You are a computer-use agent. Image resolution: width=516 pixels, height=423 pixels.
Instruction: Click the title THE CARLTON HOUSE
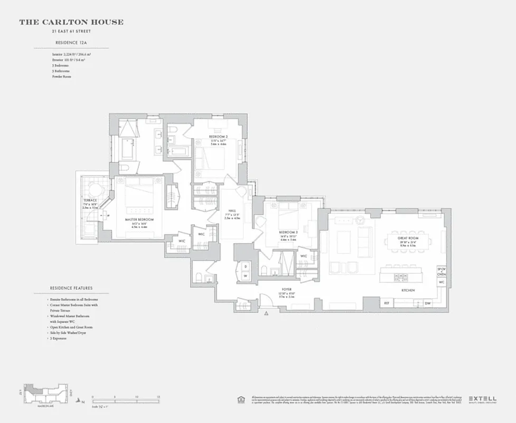71,22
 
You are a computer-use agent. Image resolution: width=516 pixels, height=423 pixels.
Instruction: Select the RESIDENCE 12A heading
71,42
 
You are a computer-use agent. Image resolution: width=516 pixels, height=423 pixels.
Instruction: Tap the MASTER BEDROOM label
139,219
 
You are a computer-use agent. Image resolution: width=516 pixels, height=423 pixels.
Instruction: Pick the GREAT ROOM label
408,238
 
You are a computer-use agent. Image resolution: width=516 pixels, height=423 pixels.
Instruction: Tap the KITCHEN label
407,290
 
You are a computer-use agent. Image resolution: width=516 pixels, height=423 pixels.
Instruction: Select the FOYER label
287,290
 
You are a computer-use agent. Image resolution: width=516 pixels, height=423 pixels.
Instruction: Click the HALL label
232,210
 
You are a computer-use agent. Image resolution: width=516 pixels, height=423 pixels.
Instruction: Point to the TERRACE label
89,201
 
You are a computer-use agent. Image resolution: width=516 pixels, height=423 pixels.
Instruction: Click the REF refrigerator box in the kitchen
386,303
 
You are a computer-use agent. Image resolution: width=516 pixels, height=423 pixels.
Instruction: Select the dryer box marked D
245,266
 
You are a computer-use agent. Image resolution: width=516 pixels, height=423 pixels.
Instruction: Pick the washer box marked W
245,276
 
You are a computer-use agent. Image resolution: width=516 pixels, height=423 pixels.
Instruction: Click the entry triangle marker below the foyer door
266,314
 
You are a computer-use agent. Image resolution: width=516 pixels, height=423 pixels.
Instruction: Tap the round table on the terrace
95,190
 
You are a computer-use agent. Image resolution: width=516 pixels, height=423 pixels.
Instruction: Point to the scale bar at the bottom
126,396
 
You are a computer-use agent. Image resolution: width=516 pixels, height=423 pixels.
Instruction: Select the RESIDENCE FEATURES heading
71,288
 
